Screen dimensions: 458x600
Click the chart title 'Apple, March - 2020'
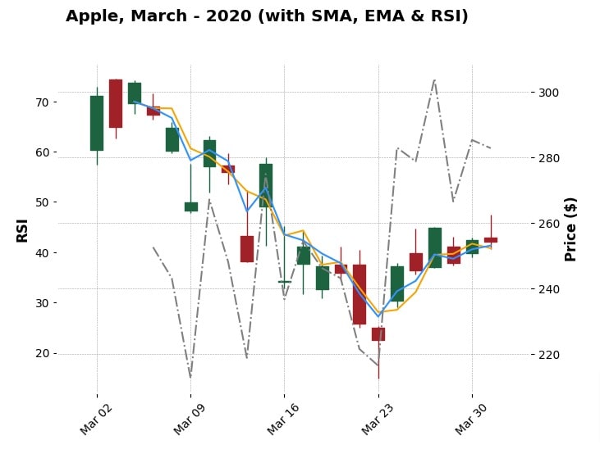click(x=267, y=16)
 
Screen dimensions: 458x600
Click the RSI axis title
click(x=22, y=229)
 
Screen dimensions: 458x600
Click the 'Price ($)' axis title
click(x=571, y=229)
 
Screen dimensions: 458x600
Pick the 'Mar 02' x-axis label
click(x=94, y=420)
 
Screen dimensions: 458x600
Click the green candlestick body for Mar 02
click(x=97, y=123)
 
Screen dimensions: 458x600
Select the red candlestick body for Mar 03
click(x=116, y=103)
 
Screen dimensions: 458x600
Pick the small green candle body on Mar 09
click(x=191, y=206)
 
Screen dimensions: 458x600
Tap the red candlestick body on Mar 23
click(x=378, y=334)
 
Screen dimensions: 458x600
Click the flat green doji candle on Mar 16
click(x=285, y=281)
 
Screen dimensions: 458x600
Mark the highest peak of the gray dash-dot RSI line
click(x=434, y=79)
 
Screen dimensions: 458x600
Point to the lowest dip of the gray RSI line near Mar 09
click(x=190, y=377)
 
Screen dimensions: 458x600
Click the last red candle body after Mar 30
click(x=491, y=240)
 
